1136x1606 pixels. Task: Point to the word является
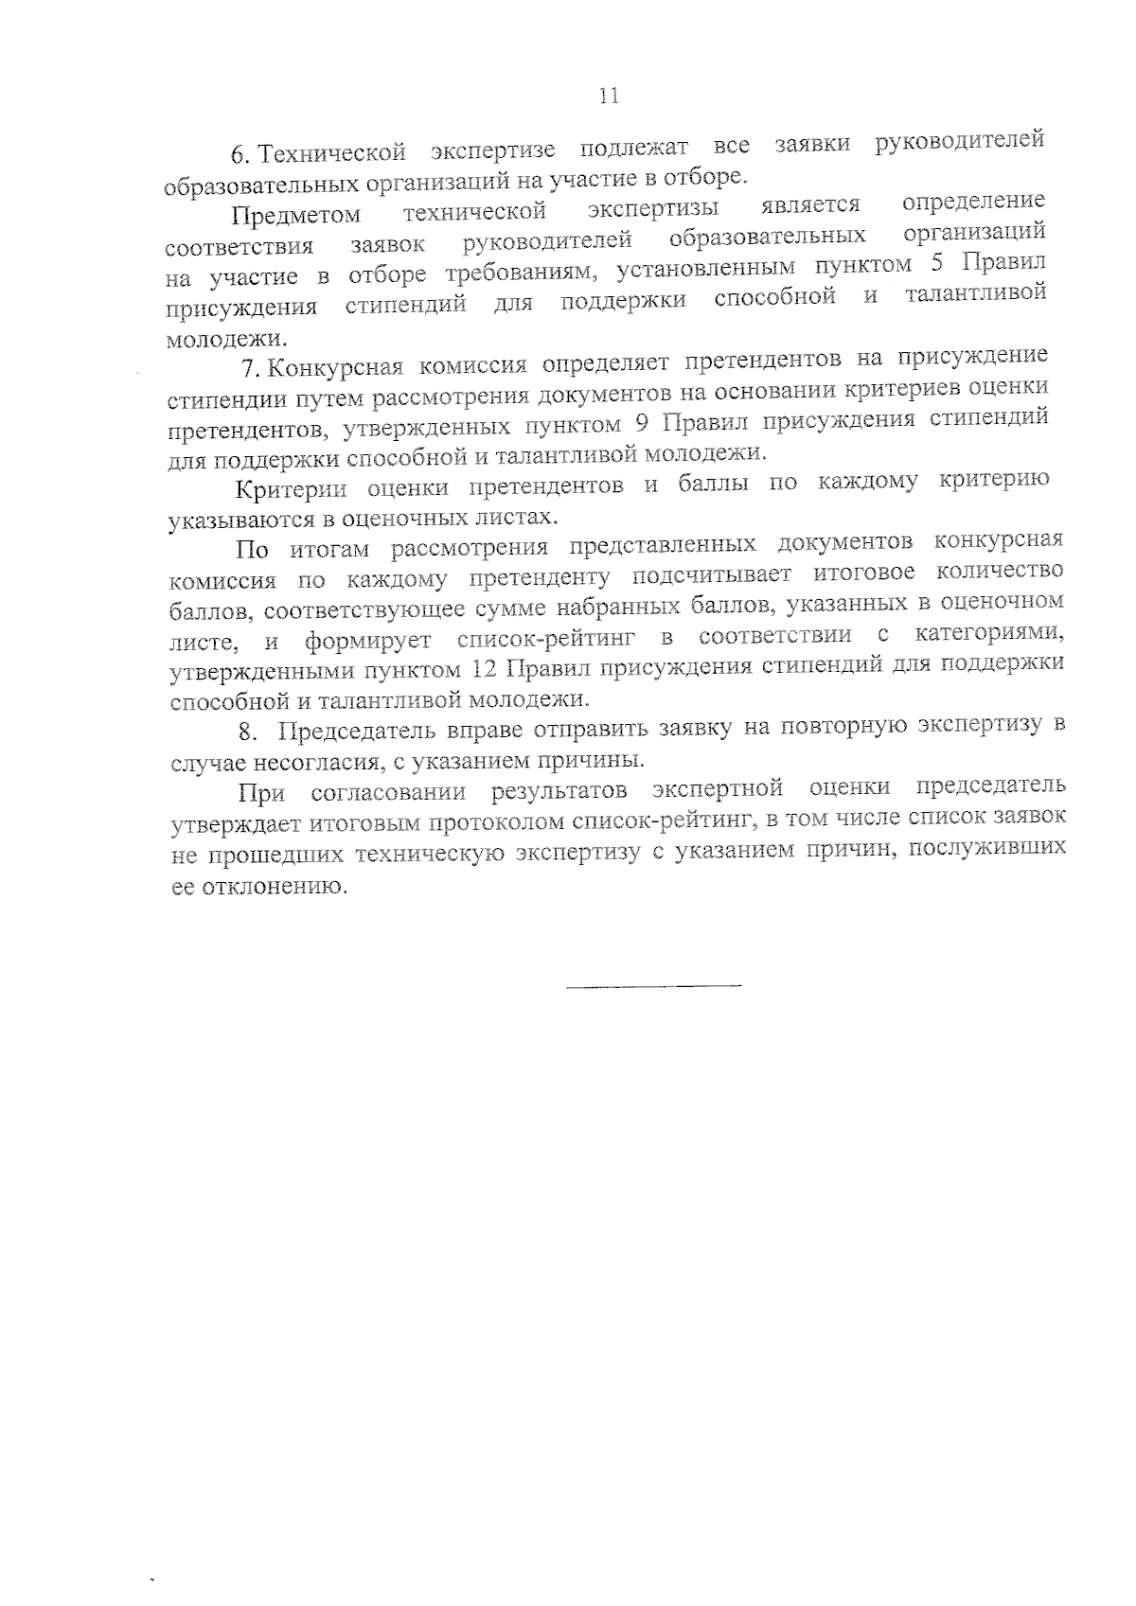pyautogui.click(x=810, y=205)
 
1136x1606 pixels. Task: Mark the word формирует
pyautogui.click(x=368, y=641)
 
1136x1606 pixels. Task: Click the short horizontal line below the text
pyautogui.click(x=653, y=987)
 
